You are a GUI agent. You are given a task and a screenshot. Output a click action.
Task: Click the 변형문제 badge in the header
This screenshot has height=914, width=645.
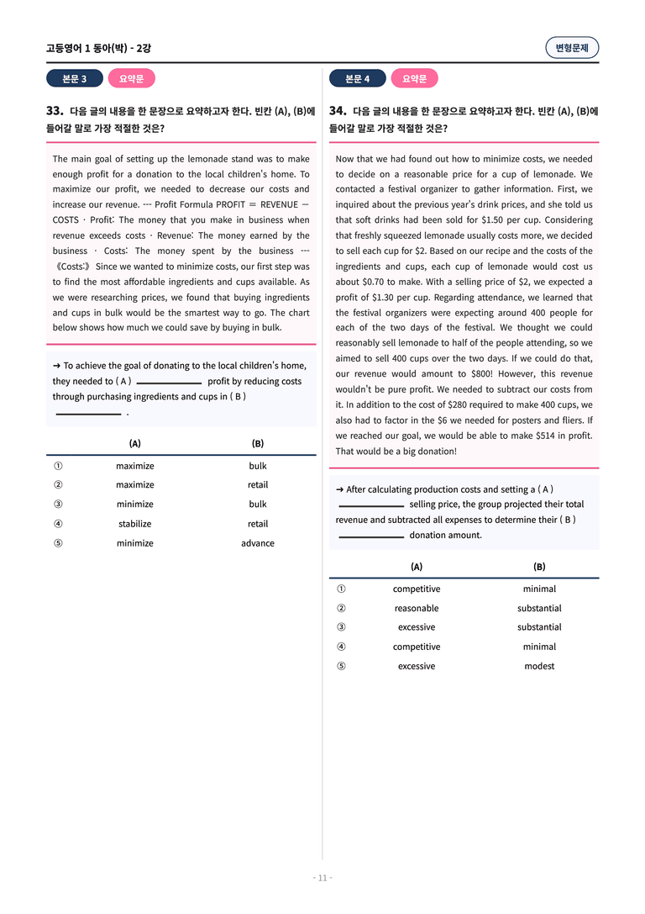pos(572,48)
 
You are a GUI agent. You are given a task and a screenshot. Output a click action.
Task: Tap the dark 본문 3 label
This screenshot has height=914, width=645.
pos(75,79)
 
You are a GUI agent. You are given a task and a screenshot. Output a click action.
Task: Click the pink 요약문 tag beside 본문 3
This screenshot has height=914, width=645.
pos(132,79)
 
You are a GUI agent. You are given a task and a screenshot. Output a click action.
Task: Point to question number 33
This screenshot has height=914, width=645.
pos(55,110)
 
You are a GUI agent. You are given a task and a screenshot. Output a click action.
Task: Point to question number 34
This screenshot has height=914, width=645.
pos(338,110)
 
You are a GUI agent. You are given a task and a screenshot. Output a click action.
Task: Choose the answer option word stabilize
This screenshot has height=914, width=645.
pos(135,524)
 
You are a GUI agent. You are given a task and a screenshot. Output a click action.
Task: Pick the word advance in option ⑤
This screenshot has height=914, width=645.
pos(258,543)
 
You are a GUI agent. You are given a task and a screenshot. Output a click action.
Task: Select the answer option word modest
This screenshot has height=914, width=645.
pos(539,666)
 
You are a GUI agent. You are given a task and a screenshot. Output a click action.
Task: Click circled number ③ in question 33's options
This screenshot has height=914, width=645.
pos(58,505)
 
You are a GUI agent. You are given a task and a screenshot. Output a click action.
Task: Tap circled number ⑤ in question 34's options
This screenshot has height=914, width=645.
pos(341,666)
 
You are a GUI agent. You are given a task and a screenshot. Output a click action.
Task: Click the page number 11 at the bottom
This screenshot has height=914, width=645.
pos(322,878)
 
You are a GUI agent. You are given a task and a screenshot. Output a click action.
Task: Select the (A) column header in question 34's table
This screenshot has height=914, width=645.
pos(417,567)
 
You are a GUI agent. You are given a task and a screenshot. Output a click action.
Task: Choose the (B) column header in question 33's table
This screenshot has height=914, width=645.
pos(258,444)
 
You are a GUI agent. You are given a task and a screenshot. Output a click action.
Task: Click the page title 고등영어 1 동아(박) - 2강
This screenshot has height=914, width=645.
pos(98,48)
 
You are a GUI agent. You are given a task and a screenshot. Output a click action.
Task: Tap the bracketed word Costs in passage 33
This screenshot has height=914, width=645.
pos(73,267)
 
